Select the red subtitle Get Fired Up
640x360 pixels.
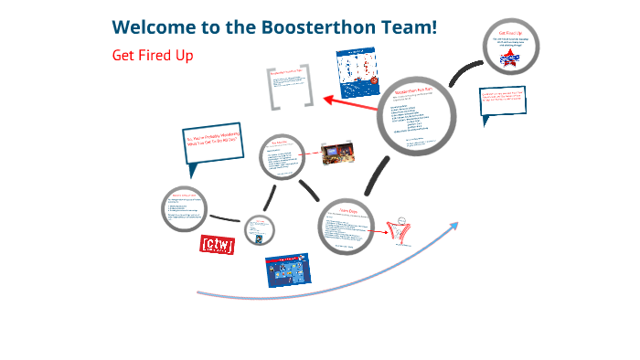153,55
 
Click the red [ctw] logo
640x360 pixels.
218,244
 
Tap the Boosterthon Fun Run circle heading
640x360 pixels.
419,93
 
